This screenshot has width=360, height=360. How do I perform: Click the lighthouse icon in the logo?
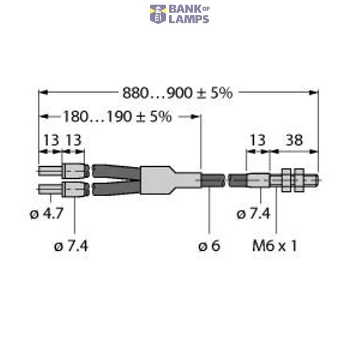pos(158,14)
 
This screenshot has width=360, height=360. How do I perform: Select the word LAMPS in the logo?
pos(188,19)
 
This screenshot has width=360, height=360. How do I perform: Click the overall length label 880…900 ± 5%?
pos(177,92)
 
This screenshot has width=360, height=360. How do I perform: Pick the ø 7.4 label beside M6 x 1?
pos(253,214)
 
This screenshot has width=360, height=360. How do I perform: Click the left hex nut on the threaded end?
pos(286,179)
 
